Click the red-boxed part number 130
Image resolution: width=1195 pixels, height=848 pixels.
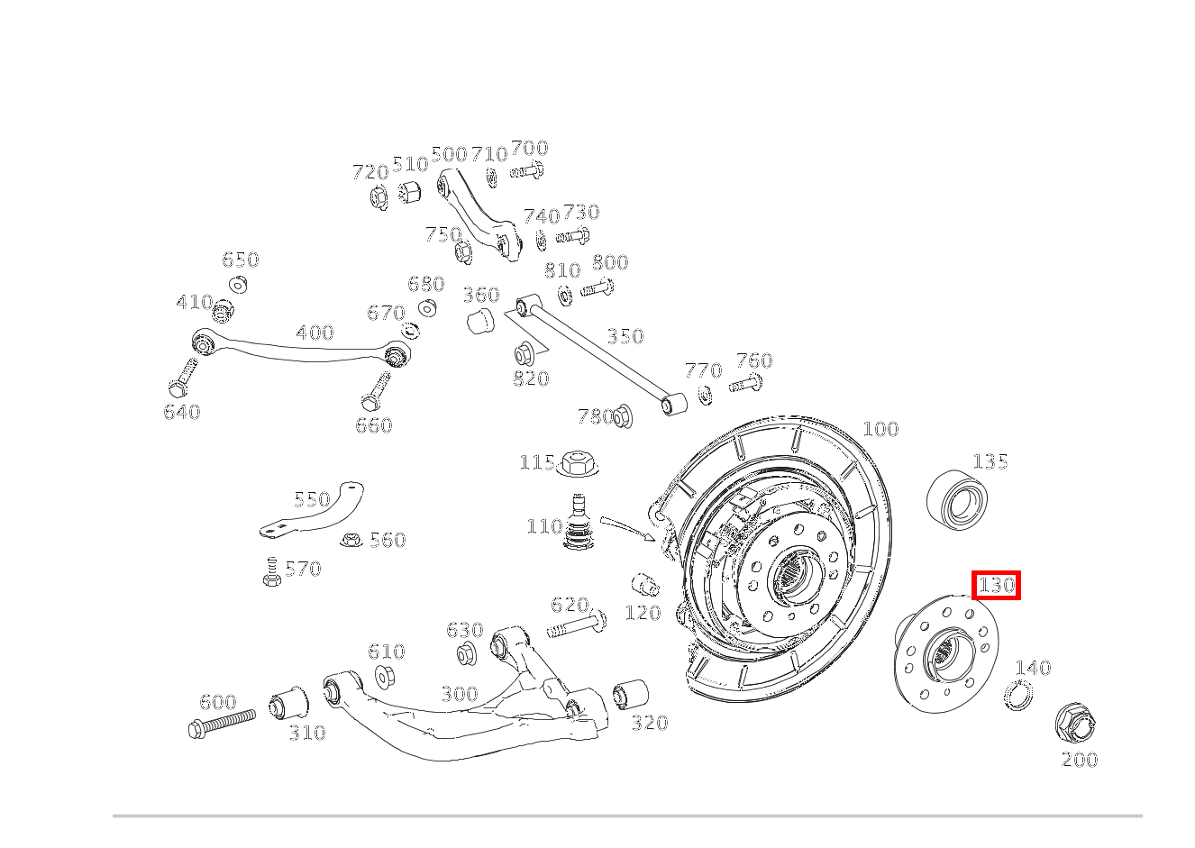996,586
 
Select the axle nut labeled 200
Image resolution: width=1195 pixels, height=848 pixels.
1073,723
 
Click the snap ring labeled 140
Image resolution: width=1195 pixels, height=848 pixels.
1018,696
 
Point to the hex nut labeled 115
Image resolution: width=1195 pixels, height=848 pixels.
577,463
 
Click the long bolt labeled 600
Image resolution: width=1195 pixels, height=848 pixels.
221,723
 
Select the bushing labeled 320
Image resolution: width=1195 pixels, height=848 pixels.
630,694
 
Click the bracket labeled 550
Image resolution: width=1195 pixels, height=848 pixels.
315,514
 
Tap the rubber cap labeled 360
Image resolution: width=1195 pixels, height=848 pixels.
480,320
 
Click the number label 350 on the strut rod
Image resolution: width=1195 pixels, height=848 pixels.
625,337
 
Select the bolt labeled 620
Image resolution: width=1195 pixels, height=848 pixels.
575,625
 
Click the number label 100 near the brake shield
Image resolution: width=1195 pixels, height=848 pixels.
880,429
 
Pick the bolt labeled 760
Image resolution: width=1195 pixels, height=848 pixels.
746,386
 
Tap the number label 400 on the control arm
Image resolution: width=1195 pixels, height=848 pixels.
315,333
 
